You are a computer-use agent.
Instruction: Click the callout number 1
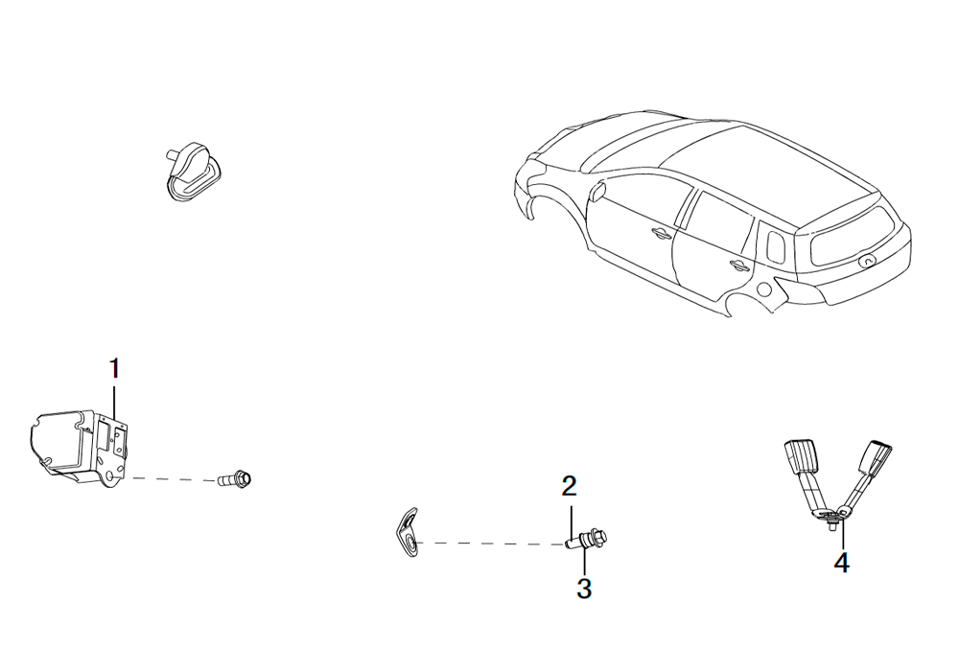[114, 369]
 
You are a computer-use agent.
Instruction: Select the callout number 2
[569, 486]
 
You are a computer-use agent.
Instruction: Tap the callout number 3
[584, 589]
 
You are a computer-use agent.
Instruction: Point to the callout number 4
[842, 563]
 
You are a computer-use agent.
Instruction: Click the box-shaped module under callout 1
[79, 447]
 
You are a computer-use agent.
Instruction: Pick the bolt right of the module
[236, 478]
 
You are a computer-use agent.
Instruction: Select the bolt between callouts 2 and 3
[588, 539]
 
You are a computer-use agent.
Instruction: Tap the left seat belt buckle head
[800, 456]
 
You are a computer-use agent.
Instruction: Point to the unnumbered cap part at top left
[190, 172]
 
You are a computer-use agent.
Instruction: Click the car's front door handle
[660, 232]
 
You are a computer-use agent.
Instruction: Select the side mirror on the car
[596, 192]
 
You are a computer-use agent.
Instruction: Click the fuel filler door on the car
[763, 289]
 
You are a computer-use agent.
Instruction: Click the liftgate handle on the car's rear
[867, 262]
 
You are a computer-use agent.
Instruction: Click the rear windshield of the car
[850, 237]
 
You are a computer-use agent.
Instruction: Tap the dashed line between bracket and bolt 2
[490, 543]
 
